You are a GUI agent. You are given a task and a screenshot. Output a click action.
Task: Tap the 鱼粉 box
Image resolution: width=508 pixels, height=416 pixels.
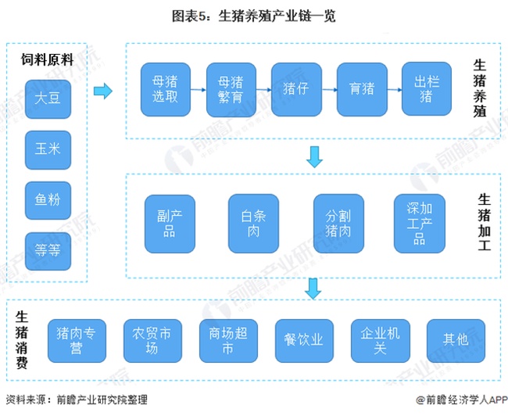(x=47, y=199)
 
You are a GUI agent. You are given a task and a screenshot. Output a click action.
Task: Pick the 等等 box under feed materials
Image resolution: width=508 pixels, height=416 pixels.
(x=47, y=251)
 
